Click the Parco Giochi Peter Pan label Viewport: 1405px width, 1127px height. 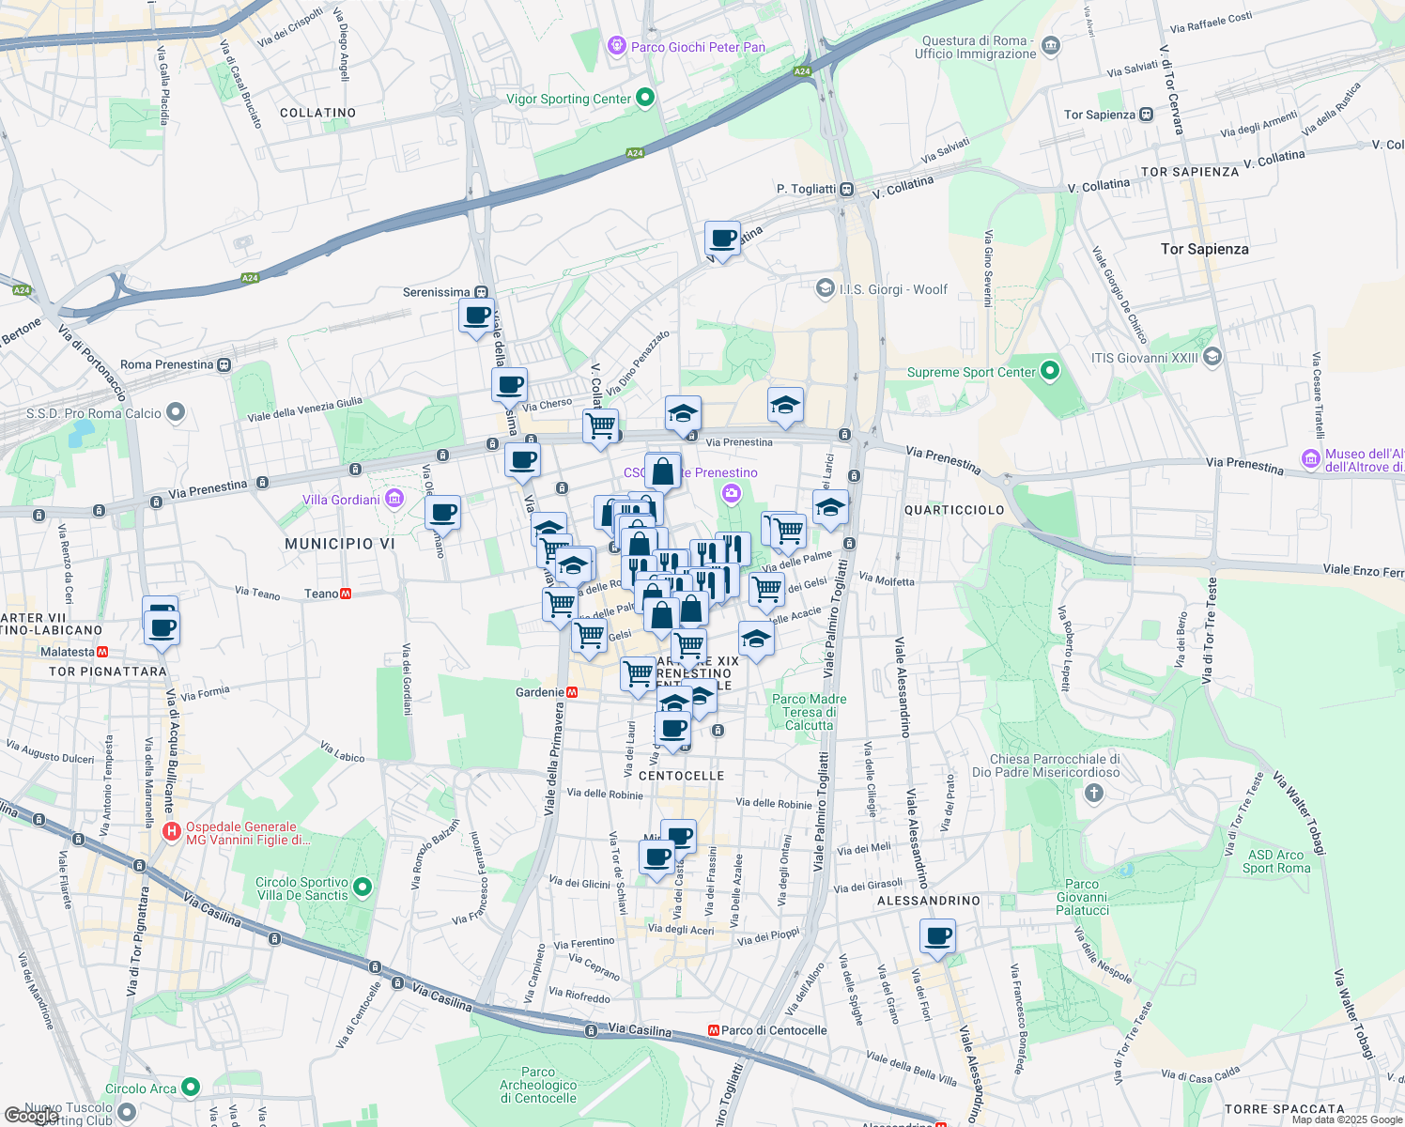tap(697, 47)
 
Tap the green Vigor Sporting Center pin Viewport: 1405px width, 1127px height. tap(644, 98)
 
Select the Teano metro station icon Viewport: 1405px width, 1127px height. tap(347, 594)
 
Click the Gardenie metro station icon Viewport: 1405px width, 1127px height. tap(572, 692)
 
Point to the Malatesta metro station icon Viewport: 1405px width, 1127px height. tap(102, 652)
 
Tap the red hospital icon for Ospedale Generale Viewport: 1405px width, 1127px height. tap(172, 831)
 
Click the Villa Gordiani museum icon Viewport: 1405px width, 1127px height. tap(394, 499)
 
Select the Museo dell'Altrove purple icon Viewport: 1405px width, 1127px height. tap(1311, 459)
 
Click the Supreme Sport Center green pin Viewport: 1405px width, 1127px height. tap(1050, 372)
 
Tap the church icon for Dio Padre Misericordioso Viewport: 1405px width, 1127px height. tap(1093, 794)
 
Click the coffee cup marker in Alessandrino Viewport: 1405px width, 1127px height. tap(938, 936)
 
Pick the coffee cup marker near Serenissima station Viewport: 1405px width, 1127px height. tap(476, 315)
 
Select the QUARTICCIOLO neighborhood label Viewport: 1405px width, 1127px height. tap(953, 510)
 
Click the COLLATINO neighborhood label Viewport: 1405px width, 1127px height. tap(317, 113)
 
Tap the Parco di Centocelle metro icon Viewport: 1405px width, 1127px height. tap(714, 1030)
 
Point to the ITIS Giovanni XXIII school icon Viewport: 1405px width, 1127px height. tap(1212, 357)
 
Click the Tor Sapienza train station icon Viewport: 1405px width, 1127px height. tap(1146, 115)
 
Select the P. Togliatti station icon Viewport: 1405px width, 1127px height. tap(846, 189)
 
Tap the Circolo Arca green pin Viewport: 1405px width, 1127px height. tap(191, 1088)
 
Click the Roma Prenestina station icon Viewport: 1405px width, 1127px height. tap(224, 364)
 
